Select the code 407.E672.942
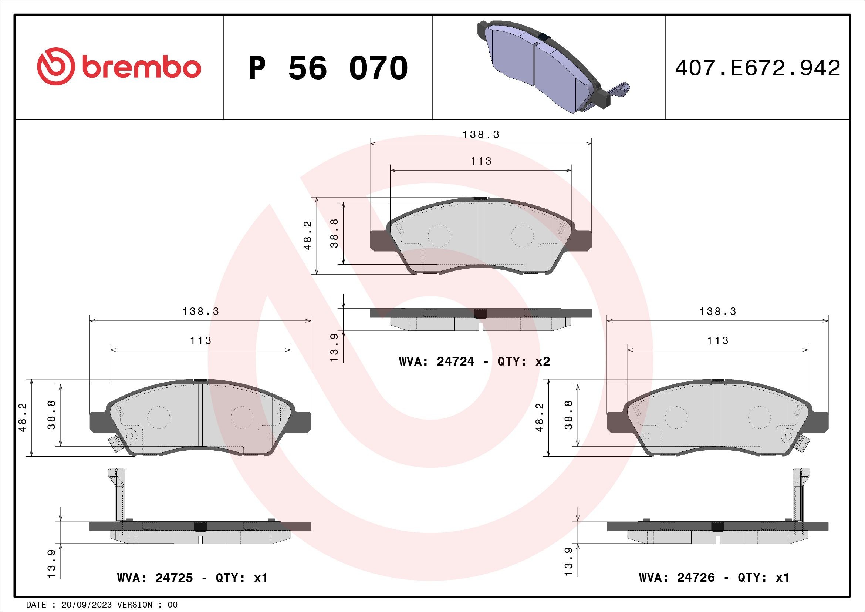coord(757,68)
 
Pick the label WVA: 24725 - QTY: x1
coord(192,578)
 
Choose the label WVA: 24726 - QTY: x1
coord(714,578)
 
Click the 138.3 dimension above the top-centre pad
coord(481,135)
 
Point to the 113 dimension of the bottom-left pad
coord(200,341)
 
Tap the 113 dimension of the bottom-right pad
coord(718,341)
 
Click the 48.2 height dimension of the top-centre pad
coord(308,236)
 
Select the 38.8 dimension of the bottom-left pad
coord(52,414)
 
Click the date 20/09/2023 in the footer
coord(86,605)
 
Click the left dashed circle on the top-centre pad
coord(439,236)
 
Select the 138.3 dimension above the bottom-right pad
coord(718,312)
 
